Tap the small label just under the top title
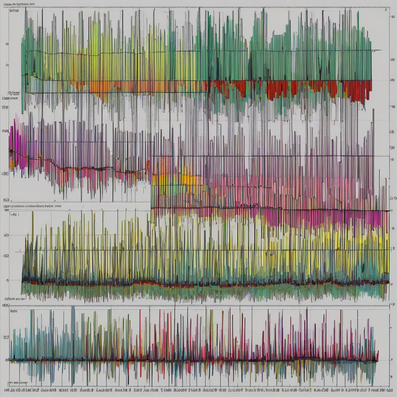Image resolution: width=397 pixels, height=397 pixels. (x=14, y=11)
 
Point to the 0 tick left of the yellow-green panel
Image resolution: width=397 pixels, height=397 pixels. (x=7, y=280)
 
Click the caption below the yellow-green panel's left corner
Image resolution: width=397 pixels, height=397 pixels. (x=15, y=299)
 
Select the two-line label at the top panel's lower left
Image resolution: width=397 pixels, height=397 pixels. (x=10, y=95)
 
